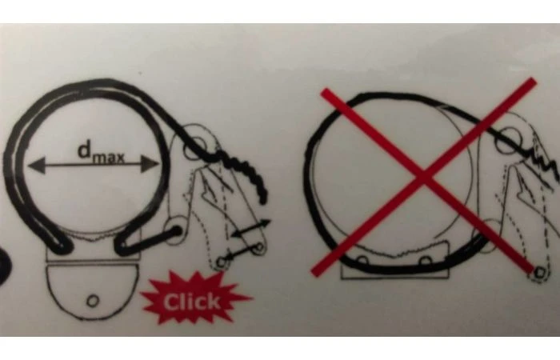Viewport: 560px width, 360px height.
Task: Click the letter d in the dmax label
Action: click(x=84, y=150)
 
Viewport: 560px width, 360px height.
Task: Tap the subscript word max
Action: click(x=108, y=158)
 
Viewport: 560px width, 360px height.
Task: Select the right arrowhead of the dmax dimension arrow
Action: click(x=150, y=164)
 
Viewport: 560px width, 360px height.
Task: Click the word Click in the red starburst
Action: click(x=192, y=302)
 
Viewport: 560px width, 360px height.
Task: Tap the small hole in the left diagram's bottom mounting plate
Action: click(x=93, y=301)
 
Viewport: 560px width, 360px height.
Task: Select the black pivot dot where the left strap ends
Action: click(x=176, y=231)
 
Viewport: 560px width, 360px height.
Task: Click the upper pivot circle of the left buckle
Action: click(x=194, y=147)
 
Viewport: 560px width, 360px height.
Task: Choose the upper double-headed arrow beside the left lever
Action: click(x=251, y=228)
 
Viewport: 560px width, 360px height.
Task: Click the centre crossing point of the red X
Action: click(x=424, y=177)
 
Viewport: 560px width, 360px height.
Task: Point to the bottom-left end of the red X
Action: click(x=314, y=273)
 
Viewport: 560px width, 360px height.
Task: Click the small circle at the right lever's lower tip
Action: click(x=539, y=274)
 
